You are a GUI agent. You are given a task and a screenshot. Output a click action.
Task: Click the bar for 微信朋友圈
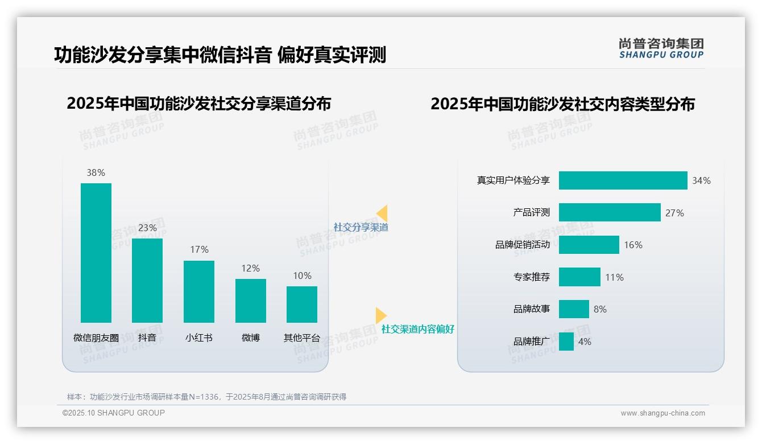click(x=96, y=253)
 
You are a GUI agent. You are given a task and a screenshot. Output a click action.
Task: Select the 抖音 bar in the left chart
click(x=147, y=280)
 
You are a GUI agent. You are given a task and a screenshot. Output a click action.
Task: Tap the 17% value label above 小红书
click(x=199, y=249)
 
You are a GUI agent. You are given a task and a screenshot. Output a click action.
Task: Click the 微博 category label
click(x=251, y=338)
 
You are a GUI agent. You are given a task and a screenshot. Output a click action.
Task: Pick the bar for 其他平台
click(x=302, y=304)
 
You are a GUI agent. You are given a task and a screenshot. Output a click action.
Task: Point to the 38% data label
click(x=96, y=172)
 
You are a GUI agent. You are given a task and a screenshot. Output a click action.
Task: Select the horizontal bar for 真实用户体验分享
click(x=623, y=180)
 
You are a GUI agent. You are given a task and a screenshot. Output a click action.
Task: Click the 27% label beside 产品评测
click(x=674, y=213)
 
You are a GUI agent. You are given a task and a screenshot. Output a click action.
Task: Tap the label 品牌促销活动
click(x=522, y=245)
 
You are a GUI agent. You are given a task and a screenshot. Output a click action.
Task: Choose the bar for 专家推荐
click(x=579, y=277)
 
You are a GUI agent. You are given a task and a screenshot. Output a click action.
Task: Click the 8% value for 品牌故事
click(x=600, y=309)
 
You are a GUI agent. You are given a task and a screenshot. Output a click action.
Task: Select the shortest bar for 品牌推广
click(x=566, y=342)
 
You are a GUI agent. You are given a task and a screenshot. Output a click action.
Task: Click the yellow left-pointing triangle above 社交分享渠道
click(x=382, y=213)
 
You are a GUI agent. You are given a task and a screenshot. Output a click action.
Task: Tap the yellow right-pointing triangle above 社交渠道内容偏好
click(x=380, y=315)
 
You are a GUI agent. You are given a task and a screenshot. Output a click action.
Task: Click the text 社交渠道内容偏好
click(x=417, y=329)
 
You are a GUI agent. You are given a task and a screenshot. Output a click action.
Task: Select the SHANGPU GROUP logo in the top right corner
click(x=661, y=48)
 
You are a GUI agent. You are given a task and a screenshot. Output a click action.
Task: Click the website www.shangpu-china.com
click(x=662, y=413)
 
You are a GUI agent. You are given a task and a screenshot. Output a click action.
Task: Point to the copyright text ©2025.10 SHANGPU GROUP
click(x=114, y=413)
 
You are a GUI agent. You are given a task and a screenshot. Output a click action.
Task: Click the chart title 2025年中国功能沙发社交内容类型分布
click(x=562, y=104)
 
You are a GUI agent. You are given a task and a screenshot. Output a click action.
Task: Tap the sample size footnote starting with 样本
click(x=206, y=397)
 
